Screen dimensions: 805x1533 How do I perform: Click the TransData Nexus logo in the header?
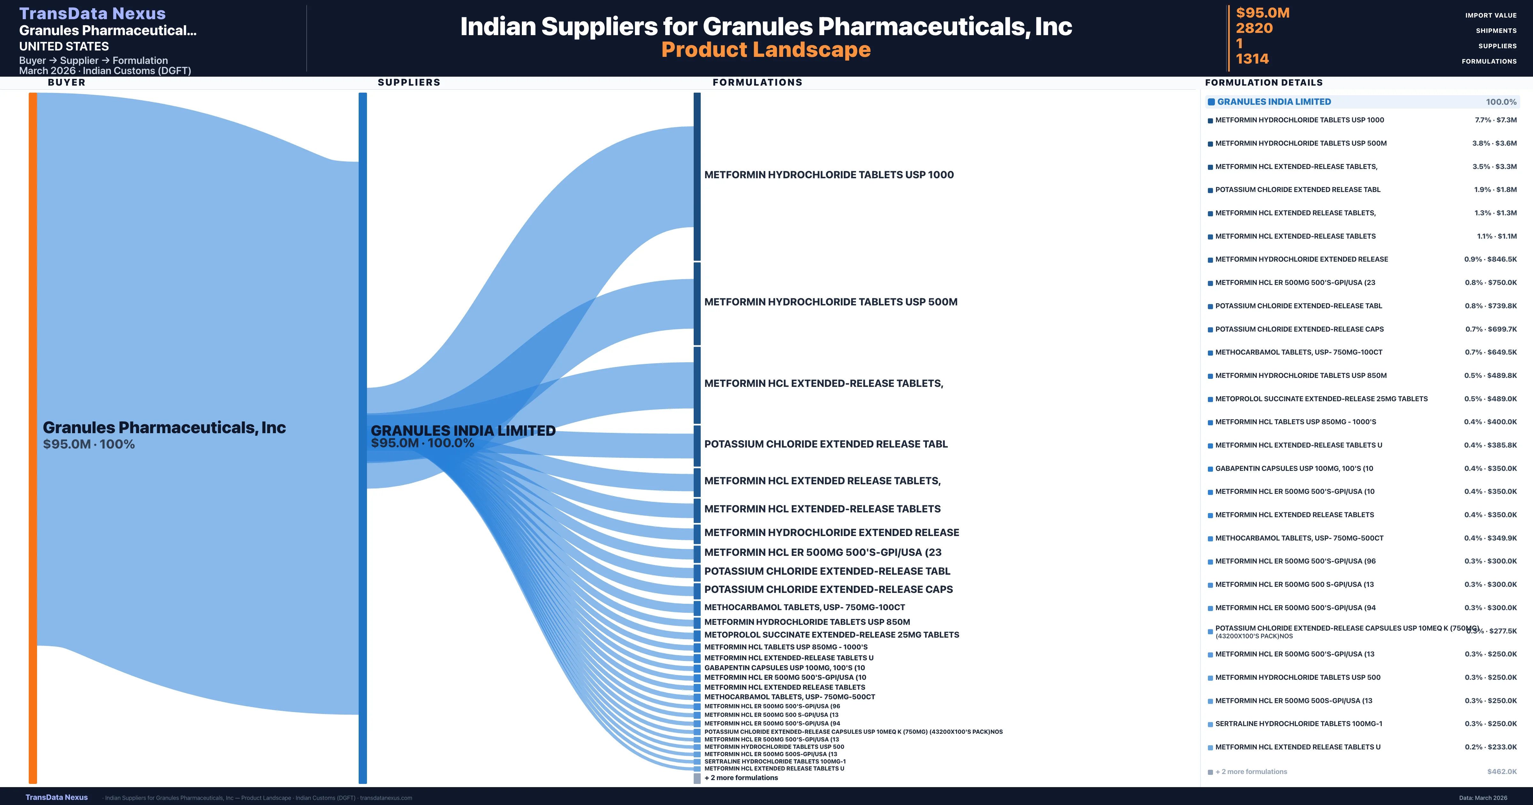92,13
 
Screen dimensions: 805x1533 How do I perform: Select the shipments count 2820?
1254,28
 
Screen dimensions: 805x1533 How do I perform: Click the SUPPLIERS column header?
409,82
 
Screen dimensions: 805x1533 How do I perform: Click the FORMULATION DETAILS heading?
1263,82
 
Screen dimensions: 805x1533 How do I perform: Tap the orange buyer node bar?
33,438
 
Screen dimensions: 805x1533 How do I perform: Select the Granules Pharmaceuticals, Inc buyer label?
164,427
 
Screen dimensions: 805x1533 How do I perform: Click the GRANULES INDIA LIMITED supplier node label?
463,431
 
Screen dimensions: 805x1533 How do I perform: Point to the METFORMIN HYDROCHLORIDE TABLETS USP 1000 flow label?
828,174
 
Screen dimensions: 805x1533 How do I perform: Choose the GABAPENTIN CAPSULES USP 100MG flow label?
784,667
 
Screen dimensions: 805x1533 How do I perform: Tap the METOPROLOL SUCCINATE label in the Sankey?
831,635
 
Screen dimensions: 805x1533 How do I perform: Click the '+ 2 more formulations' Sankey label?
741,778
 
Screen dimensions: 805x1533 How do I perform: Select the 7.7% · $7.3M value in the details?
1496,120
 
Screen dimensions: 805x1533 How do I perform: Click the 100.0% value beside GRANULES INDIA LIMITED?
1501,102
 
